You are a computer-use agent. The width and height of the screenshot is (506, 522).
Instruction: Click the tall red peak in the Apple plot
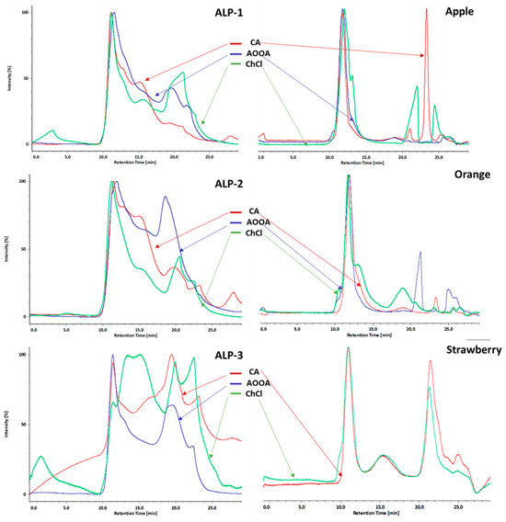click(x=426, y=14)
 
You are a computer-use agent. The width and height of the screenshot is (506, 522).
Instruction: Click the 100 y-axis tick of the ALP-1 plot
click(x=25, y=13)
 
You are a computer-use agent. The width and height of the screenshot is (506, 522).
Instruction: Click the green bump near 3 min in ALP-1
click(x=52, y=131)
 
